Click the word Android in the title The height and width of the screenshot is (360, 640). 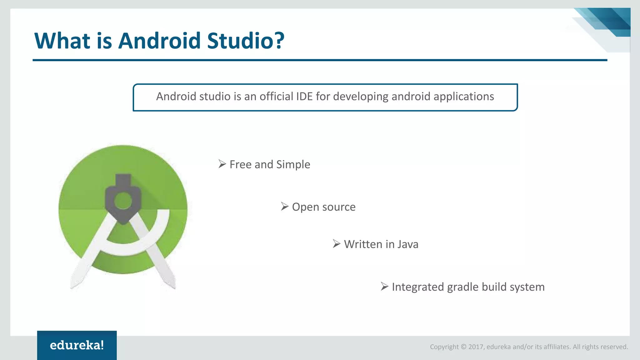[x=159, y=41]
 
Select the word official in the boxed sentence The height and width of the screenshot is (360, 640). [x=271, y=97]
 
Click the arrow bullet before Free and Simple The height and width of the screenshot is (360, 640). [x=222, y=164]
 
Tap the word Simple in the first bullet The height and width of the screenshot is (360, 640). [x=293, y=165]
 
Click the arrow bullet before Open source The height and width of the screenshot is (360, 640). [x=284, y=207]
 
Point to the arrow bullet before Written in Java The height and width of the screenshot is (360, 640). [x=337, y=244]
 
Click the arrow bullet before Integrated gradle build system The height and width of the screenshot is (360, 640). [x=385, y=287]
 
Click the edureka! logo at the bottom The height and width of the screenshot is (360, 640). [x=77, y=345]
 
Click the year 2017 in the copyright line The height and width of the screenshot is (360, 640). [x=476, y=347]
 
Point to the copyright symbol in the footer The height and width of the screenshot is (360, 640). [x=463, y=347]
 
